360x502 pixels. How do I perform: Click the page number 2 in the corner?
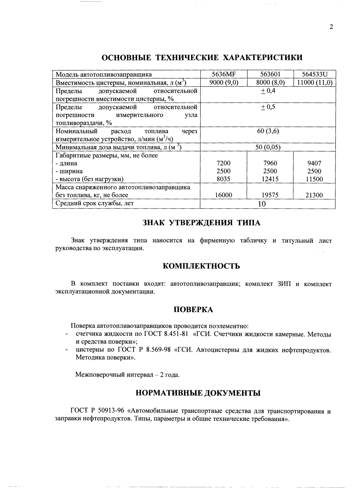331,27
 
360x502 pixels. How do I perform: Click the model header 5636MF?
224,74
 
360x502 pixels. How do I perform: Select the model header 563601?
270,74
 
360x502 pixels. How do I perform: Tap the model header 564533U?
314,74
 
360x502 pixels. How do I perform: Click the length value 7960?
270,163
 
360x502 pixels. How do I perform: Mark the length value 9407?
314,163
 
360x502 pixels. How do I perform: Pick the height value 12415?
270,179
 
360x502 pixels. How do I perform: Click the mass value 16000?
224,195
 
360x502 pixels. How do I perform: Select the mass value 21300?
314,195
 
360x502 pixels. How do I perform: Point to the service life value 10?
262,204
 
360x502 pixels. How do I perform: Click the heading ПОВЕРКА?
194,310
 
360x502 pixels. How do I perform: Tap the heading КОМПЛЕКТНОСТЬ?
201,266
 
